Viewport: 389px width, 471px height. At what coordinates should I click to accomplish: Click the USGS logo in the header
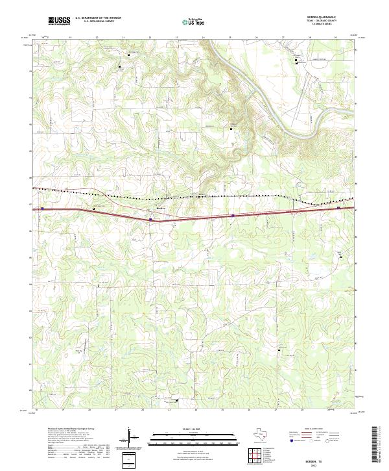tap(59, 21)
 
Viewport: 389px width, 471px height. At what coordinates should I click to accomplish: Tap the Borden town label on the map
tap(162, 208)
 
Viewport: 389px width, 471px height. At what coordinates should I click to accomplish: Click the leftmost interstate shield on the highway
tap(43, 209)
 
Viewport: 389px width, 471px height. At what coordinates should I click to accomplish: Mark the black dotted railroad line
tap(194, 195)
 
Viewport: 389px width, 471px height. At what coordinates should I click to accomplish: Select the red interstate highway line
tap(259, 214)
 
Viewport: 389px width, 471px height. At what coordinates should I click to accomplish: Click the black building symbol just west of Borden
tap(94, 209)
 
